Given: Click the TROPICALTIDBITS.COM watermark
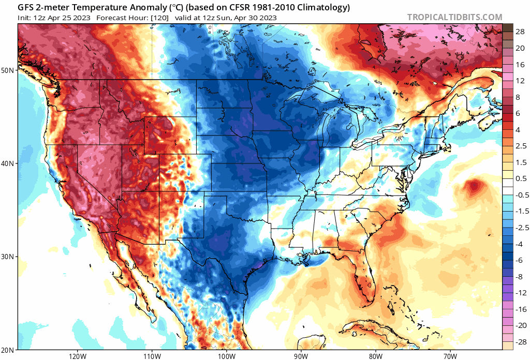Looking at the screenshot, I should pos(454,17).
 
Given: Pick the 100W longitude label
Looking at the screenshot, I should pos(226,356).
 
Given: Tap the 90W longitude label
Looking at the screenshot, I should pos(300,356).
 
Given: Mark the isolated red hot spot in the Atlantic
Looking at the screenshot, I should pos(473,186).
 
